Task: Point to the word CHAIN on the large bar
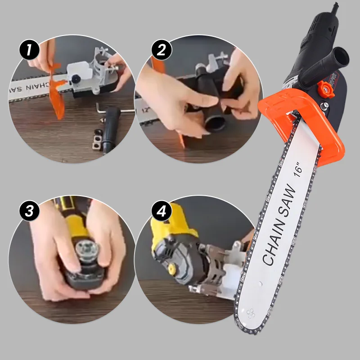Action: pyautogui.click(x=274, y=243)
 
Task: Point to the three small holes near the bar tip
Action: pyautogui.click(x=250, y=312)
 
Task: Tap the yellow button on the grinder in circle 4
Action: pyautogui.click(x=171, y=269)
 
